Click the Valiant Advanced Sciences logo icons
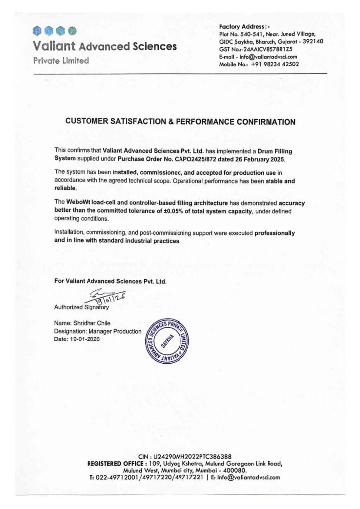pyautogui.click(x=54, y=31)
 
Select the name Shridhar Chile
pyautogui.click(x=94, y=323)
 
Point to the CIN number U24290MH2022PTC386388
pyautogui.click(x=188, y=456)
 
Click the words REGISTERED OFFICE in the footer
pyautogui.click(x=115, y=463)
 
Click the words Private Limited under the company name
pyautogui.click(x=61, y=61)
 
